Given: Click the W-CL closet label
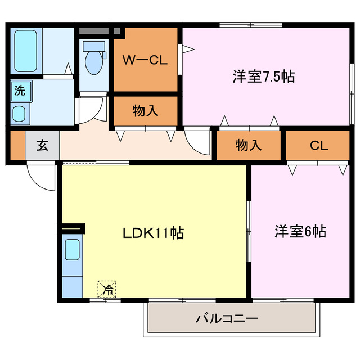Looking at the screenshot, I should pyautogui.click(x=145, y=60).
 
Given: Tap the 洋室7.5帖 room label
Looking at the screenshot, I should pyautogui.click(x=264, y=77).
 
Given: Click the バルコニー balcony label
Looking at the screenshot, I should pyautogui.click(x=227, y=319).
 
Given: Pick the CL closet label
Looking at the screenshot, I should pyautogui.click(x=319, y=145).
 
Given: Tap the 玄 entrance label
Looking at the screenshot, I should pyautogui.click(x=42, y=145).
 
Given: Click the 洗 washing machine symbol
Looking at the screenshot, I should pyautogui.click(x=20, y=90).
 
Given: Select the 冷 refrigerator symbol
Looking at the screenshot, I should pyautogui.click(x=107, y=290).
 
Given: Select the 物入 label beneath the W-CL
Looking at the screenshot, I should pyautogui.click(x=145, y=111).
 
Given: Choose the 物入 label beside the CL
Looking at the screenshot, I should pyautogui.click(x=249, y=145).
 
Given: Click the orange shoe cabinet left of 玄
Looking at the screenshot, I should pyautogui.click(x=17, y=146).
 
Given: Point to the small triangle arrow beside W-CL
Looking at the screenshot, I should pyautogui.click(x=187, y=50).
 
